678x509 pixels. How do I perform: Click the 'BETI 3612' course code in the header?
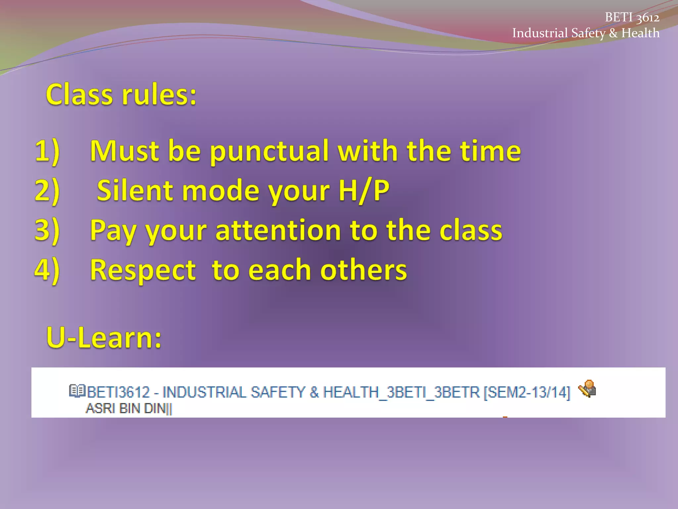click(632, 17)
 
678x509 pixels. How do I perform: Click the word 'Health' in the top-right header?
click(640, 33)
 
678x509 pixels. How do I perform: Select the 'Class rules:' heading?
click(121, 95)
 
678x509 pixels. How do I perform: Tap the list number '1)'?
click(47, 151)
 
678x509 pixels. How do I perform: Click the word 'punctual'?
click(269, 151)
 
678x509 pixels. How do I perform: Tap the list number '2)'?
click(47, 191)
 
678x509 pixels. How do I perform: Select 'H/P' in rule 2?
click(364, 191)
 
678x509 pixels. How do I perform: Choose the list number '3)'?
click(47, 231)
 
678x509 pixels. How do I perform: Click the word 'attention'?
click(278, 231)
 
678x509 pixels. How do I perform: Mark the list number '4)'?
click(47, 270)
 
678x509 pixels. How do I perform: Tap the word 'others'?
click(363, 270)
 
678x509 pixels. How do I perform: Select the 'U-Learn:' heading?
click(104, 338)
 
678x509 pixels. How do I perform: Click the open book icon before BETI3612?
click(77, 391)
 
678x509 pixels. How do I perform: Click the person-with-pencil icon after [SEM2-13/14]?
click(587, 389)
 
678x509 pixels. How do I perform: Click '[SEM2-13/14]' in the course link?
click(527, 392)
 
